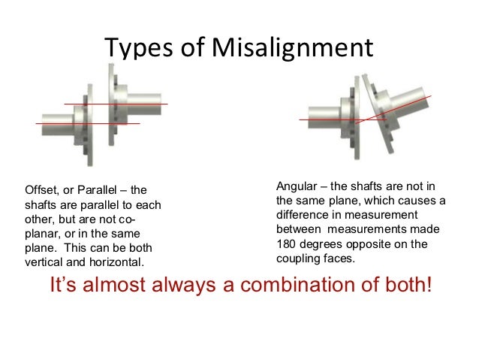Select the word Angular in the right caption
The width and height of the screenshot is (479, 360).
(297, 186)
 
